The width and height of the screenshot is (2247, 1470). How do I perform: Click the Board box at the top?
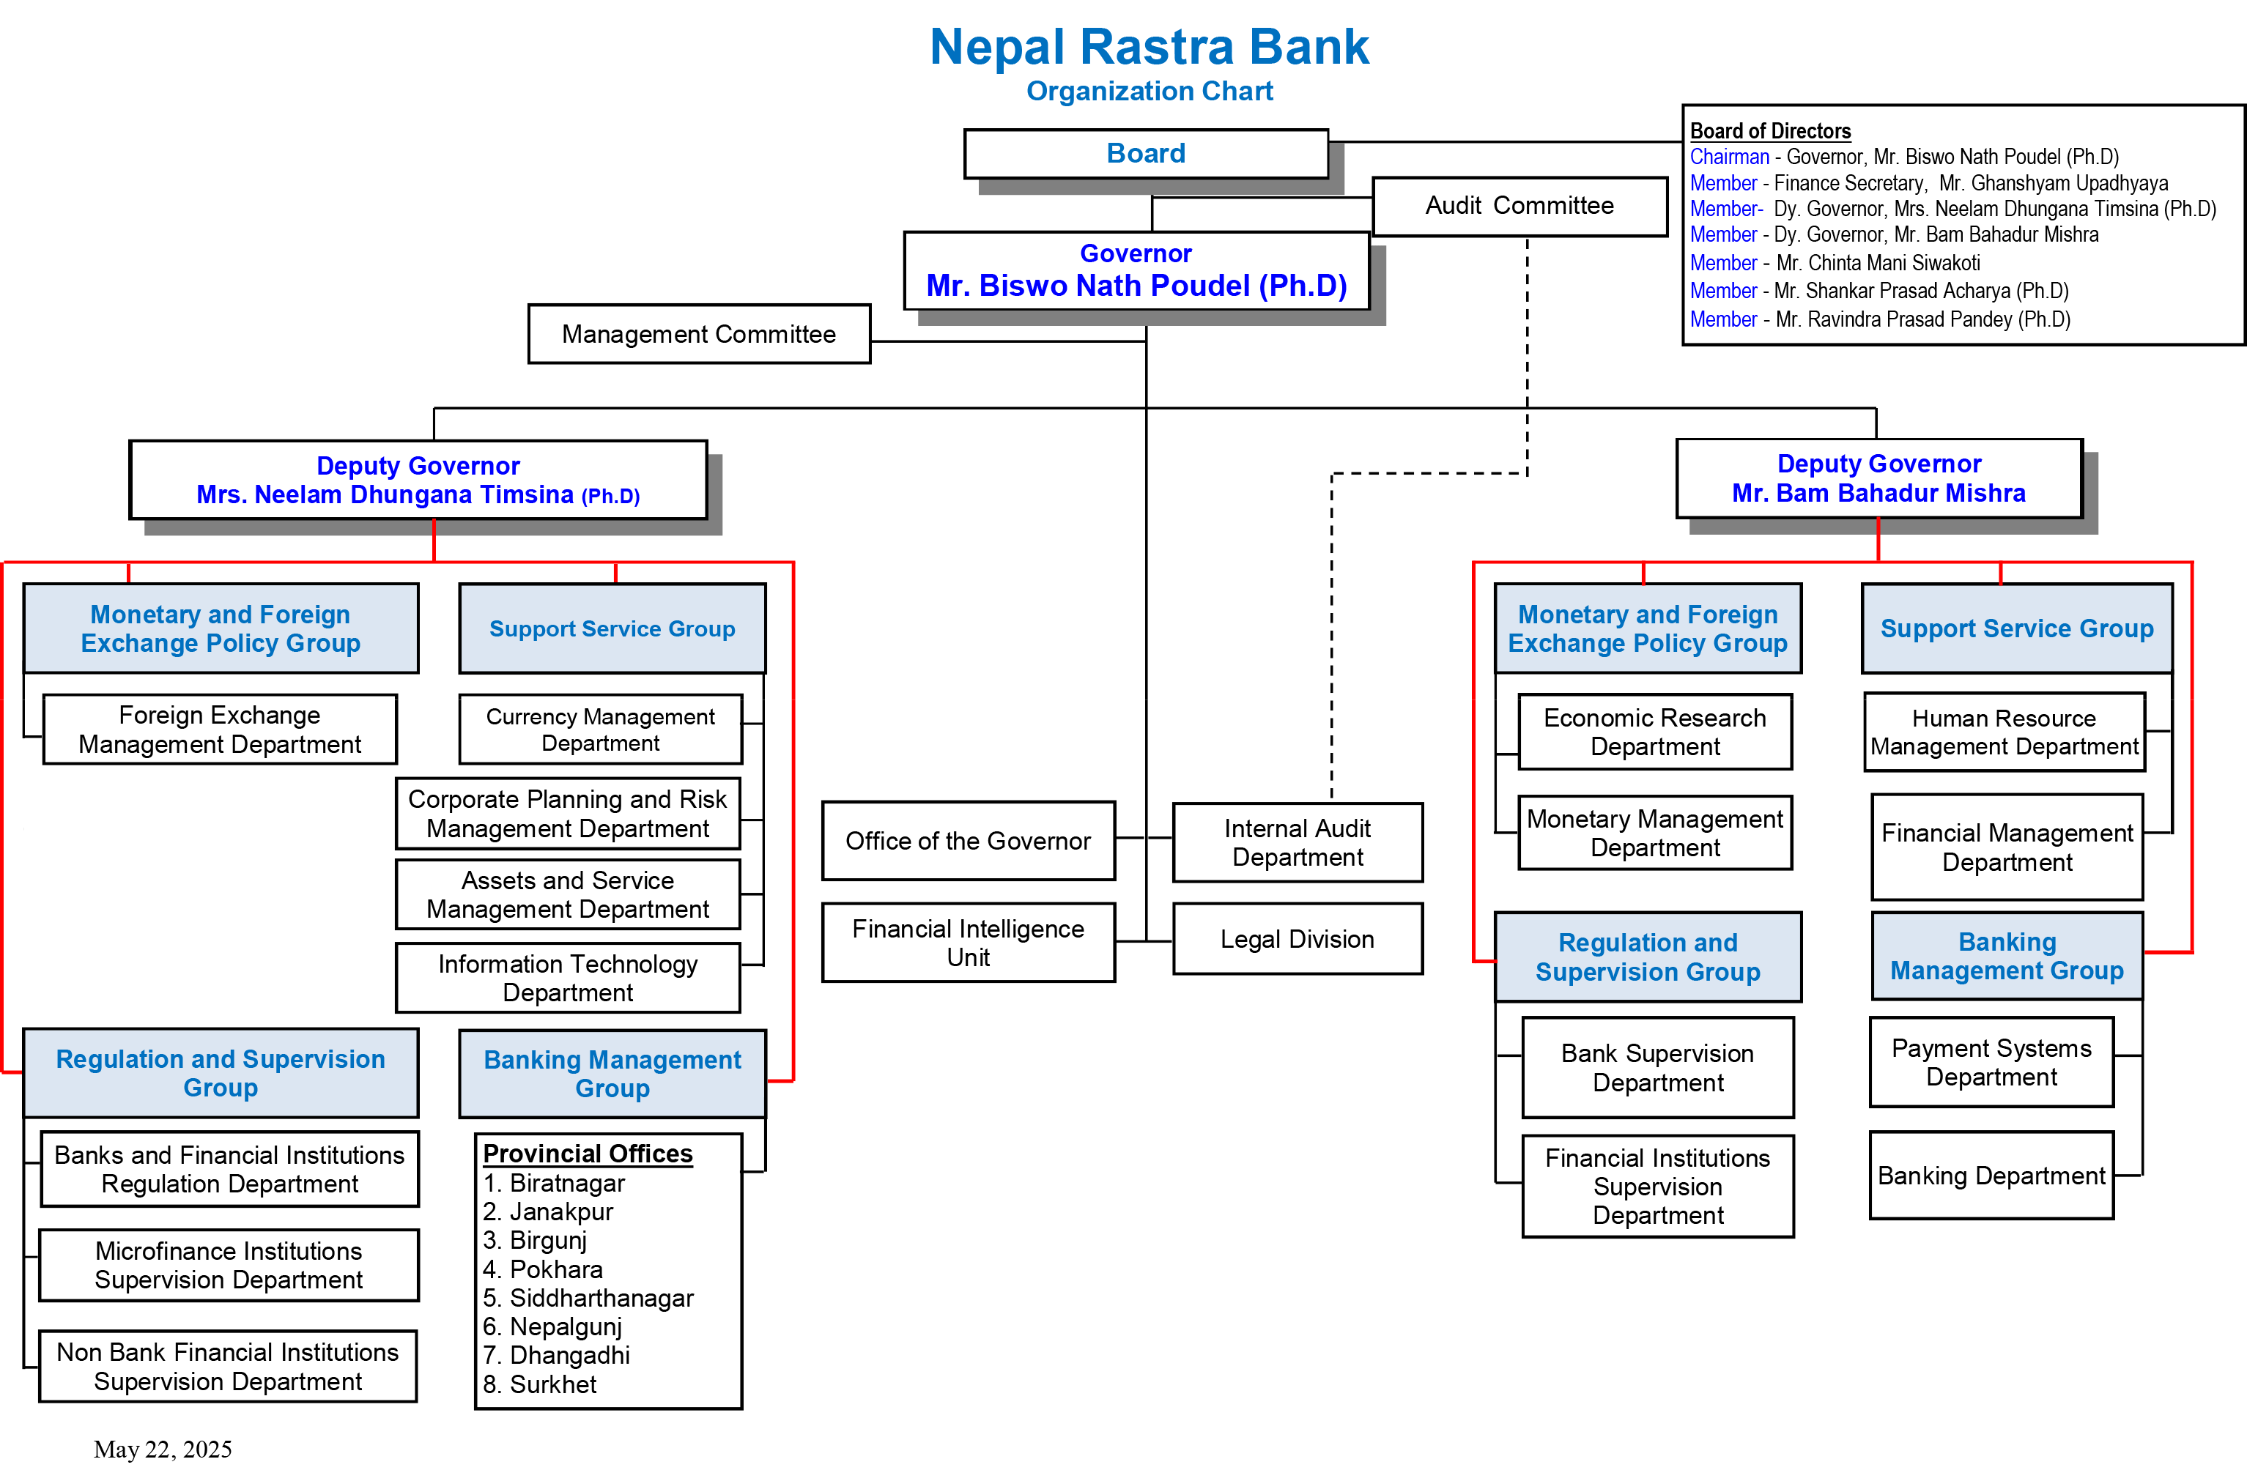pos(1146,154)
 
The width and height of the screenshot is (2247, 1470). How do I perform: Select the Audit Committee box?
pos(1520,206)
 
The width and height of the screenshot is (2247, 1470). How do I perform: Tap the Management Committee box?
pos(699,334)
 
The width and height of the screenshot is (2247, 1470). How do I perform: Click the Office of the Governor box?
pos(968,840)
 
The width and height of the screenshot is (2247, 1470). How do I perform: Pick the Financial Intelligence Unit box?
pos(968,942)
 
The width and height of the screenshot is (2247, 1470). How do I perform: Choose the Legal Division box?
pos(1298,938)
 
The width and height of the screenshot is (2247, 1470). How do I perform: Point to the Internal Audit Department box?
pos(1298,842)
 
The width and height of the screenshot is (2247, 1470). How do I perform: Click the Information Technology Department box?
pos(567,977)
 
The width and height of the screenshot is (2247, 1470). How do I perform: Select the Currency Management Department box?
pos(601,729)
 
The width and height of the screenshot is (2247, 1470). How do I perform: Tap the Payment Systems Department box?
pos(1991,1062)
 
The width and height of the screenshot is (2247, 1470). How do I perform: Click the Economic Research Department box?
pos(1654,732)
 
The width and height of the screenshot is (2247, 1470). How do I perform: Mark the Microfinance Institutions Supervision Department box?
pos(229,1265)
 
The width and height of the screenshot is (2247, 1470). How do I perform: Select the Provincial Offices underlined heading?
pos(588,1154)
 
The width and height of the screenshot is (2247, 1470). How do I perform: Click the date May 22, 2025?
pos(163,1449)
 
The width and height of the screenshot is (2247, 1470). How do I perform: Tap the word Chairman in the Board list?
pos(1729,157)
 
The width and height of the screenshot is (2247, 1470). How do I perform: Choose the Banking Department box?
pos(1991,1176)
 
